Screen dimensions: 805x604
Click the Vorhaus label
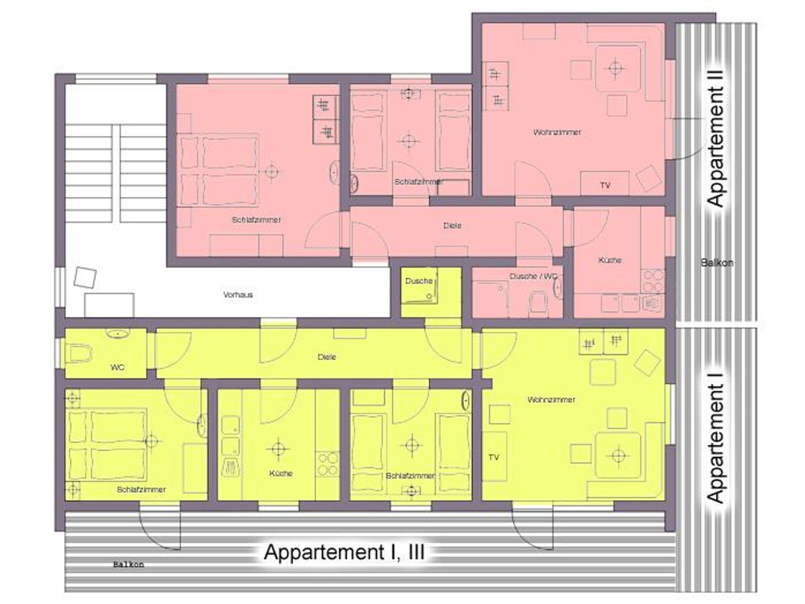[238, 295]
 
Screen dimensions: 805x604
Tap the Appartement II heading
[715, 139]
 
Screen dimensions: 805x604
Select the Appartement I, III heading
[344, 552]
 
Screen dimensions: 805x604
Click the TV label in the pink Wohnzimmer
[605, 185]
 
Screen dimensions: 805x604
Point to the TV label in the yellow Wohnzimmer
[494, 457]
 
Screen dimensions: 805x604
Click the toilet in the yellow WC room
[79, 353]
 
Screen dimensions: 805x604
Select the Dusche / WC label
[533, 276]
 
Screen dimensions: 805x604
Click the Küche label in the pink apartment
[610, 260]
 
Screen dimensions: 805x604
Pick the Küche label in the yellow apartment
[281, 473]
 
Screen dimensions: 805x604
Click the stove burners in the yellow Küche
[327, 464]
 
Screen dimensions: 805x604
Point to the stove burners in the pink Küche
[653, 281]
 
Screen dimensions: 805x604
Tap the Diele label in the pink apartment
[452, 225]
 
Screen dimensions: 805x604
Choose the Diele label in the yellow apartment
[327, 357]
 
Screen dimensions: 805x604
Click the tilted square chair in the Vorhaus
[85, 278]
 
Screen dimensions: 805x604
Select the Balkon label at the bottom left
[129, 565]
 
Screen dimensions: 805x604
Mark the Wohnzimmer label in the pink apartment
[557, 132]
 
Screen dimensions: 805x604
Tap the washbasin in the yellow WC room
[117, 334]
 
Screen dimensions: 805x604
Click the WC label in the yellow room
[117, 367]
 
